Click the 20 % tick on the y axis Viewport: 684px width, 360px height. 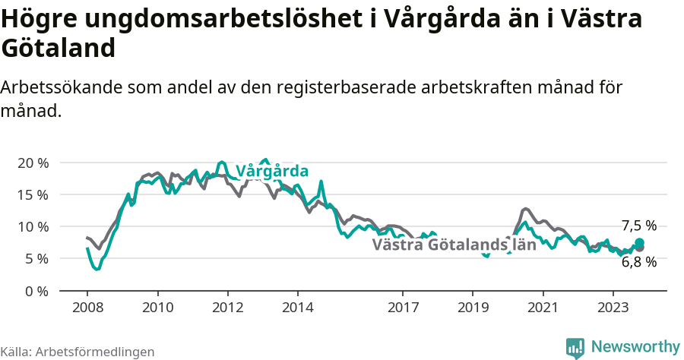33,163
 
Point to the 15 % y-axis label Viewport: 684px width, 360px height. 33,195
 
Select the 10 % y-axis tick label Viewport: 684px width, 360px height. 33,227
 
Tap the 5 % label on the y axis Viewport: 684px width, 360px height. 36,259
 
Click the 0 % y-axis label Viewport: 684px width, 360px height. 36,291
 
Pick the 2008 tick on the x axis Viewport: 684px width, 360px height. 87,308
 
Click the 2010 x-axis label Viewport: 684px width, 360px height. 157,308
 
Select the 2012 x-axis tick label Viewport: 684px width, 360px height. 227,308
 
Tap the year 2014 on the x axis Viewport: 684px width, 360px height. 297,308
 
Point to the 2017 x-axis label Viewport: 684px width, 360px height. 403,308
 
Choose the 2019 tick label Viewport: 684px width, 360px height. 473,308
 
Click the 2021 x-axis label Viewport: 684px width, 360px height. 543,308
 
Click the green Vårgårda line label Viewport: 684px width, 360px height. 272,171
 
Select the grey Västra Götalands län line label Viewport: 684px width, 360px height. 454,245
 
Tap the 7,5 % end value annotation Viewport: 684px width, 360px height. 638,226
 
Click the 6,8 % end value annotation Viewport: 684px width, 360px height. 638,262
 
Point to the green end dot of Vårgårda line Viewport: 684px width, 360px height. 639,242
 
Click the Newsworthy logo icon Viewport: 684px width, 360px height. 575,348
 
